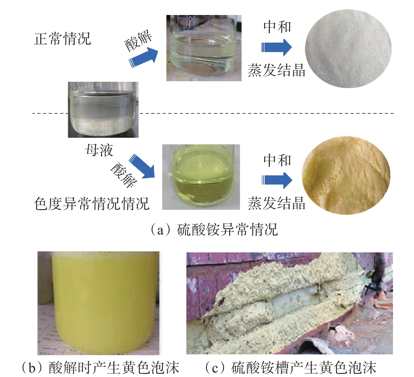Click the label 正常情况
62,39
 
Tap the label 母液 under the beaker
99,150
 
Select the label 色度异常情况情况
91,203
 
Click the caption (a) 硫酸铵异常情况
214,230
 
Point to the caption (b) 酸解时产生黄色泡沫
100,367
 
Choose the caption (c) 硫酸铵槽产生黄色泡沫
290,367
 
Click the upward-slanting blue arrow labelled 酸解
144,57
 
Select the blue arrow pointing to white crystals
277,47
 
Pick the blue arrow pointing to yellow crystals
277,180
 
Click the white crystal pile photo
348,49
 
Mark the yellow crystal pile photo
346,175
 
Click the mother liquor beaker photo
103,110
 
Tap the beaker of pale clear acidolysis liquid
204,48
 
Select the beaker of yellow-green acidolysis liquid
201,177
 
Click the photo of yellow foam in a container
98,303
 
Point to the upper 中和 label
277,27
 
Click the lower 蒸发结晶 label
276,203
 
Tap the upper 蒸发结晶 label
276,70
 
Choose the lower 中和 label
277,160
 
